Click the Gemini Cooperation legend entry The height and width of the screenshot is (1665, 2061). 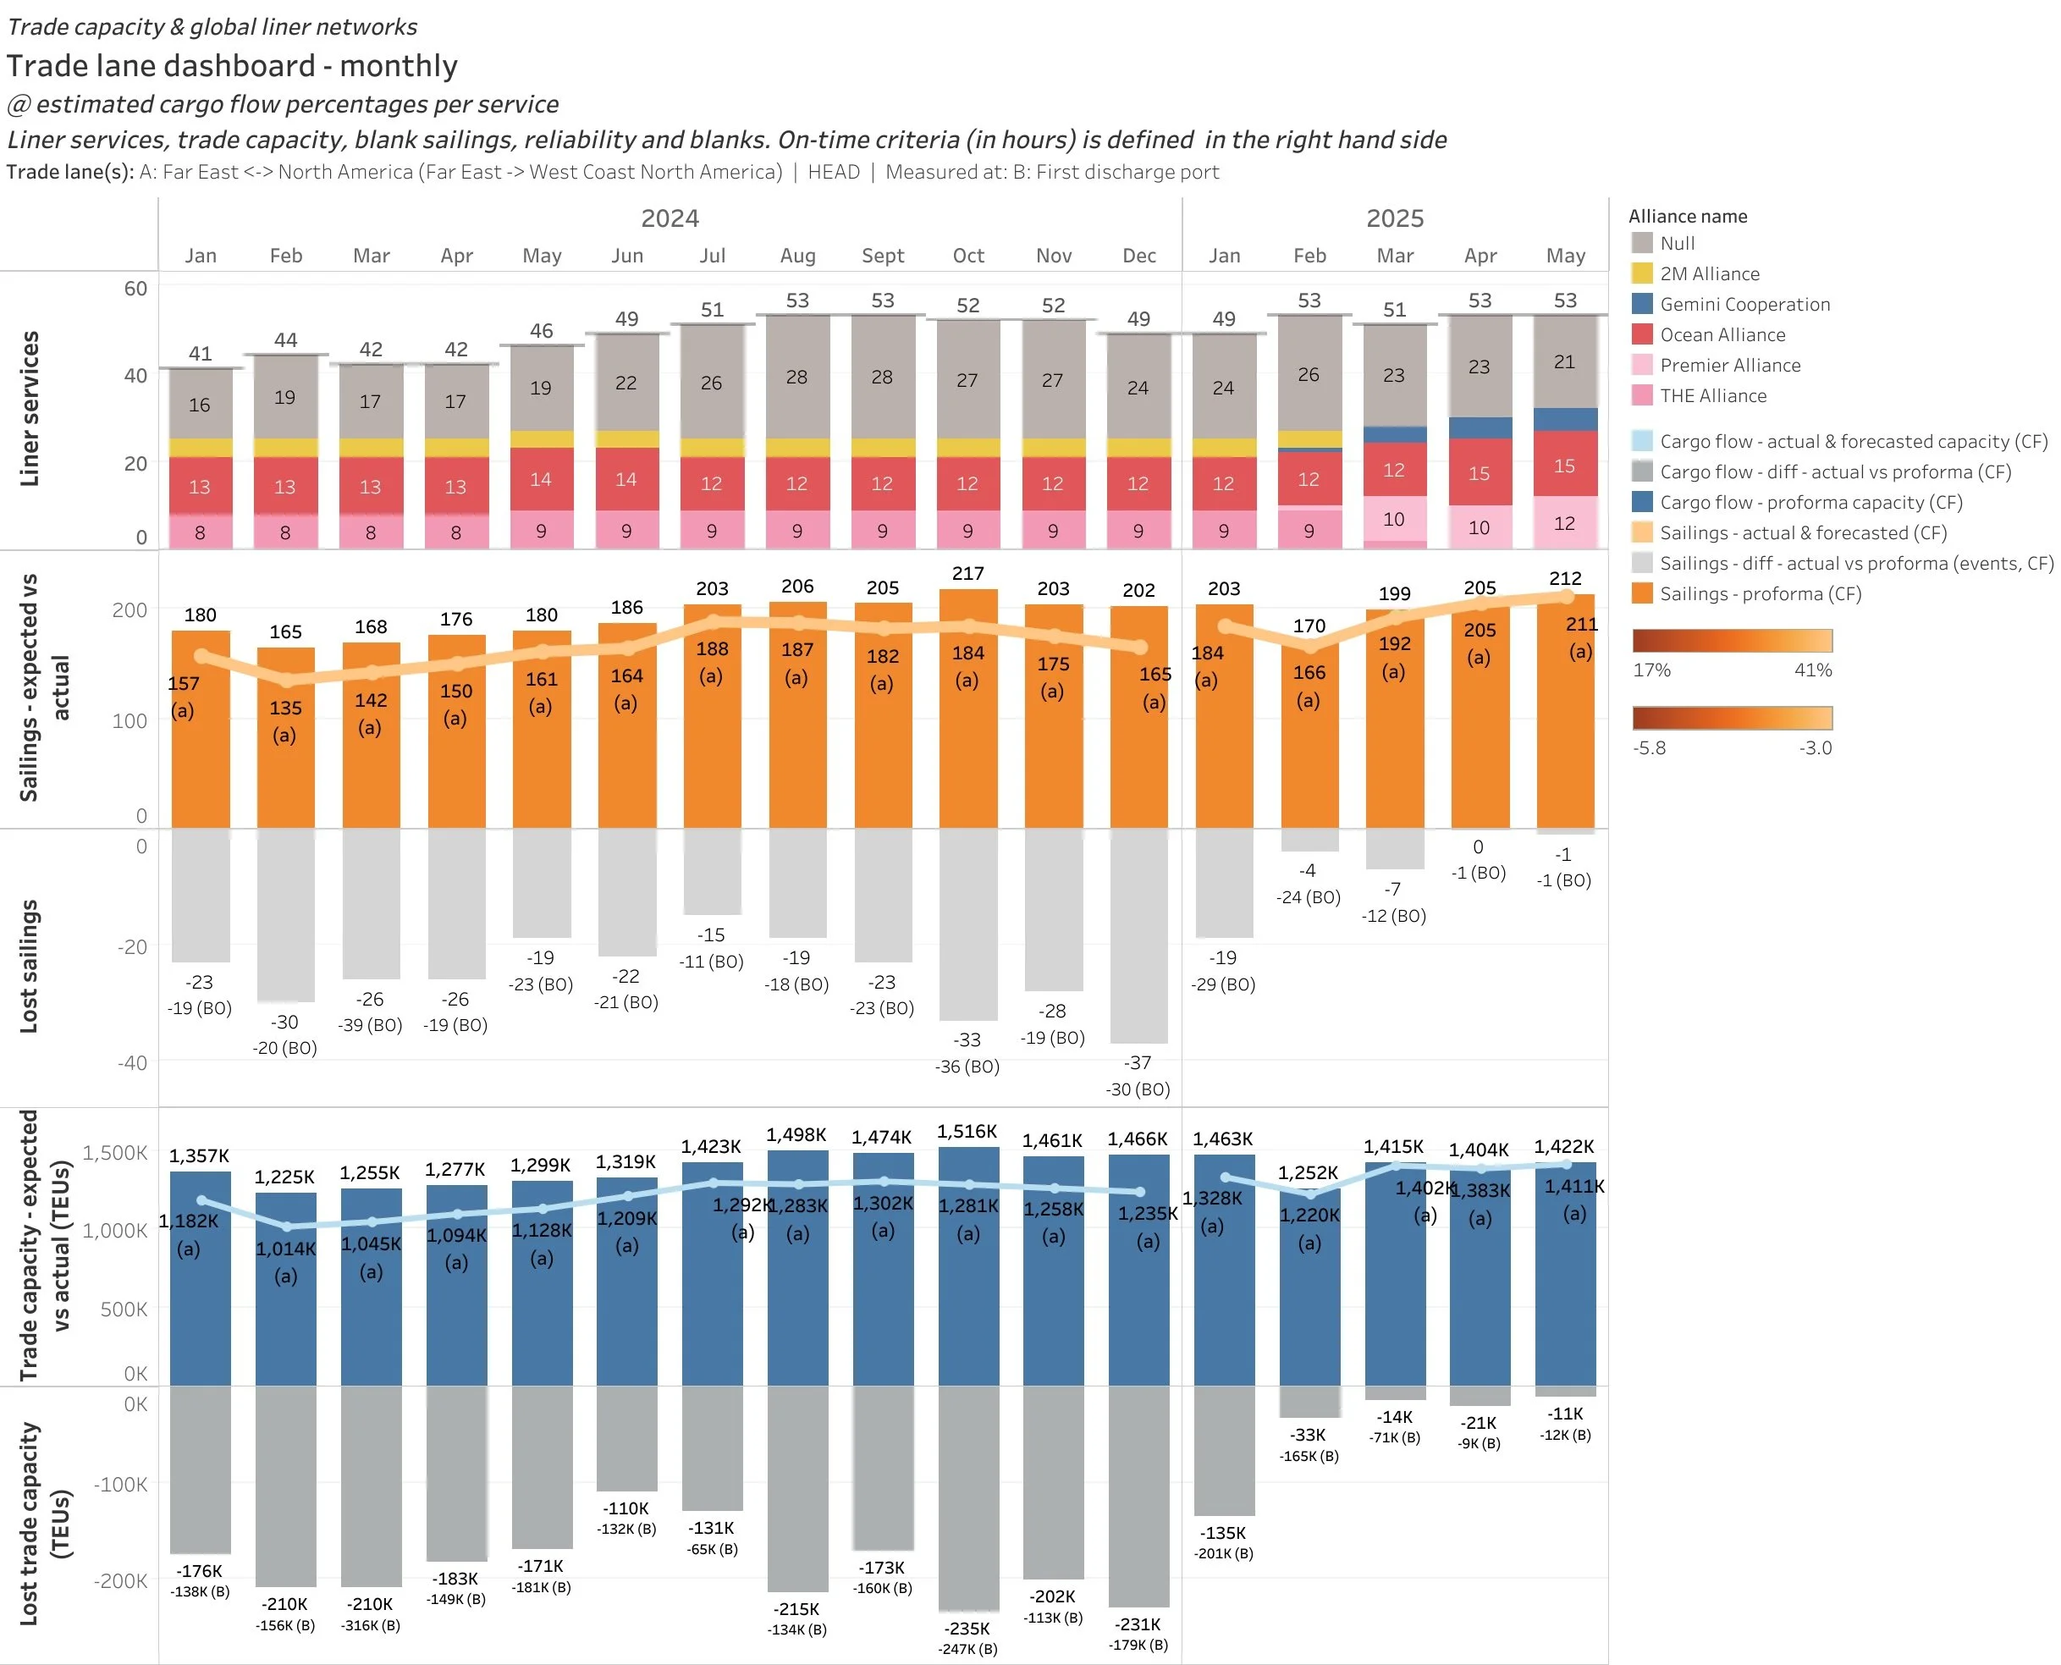[x=1744, y=304]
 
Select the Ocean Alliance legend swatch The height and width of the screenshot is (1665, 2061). [x=1642, y=334]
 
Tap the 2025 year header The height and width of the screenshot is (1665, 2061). [x=1395, y=218]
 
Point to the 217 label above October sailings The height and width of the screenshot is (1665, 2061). [x=967, y=574]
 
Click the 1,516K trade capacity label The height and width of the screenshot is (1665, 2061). [x=967, y=1132]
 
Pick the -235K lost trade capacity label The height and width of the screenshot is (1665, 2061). [x=967, y=1629]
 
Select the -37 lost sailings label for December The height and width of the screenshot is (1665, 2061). [x=1138, y=1062]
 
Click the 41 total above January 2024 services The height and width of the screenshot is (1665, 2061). [x=201, y=354]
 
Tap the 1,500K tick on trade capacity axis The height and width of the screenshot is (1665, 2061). [x=115, y=1153]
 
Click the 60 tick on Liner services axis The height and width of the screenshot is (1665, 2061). [x=135, y=289]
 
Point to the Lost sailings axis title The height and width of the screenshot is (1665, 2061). [x=29, y=967]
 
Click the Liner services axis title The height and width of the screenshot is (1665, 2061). [x=29, y=409]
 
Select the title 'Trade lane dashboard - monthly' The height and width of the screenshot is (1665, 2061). [x=232, y=66]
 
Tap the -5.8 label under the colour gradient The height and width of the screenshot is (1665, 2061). [x=1649, y=748]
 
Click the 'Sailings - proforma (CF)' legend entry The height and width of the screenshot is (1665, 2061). [x=1760, y=593]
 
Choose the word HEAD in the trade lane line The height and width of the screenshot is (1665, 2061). [x=834, y=173]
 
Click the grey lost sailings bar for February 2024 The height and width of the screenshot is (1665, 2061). [x=286, y=916]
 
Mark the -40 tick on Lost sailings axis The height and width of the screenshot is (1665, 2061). [x=132, y=1062]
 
